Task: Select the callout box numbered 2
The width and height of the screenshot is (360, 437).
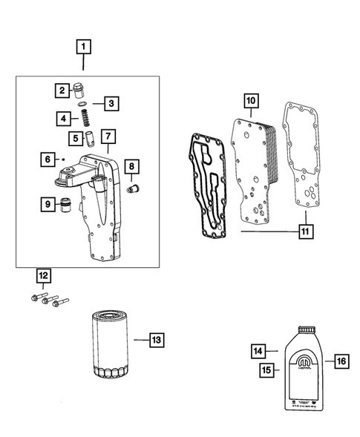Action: pos(61,91)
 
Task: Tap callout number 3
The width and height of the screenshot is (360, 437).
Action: pos(111,103)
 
